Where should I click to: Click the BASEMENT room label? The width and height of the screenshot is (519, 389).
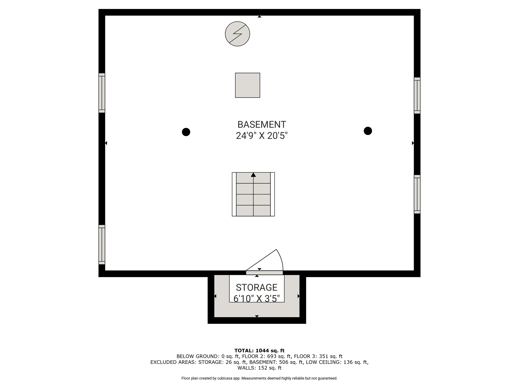262,125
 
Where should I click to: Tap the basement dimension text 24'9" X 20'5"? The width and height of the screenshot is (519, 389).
262,136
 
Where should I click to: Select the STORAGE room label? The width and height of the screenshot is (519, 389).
257,287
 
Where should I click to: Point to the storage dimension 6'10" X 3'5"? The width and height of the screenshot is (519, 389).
257,299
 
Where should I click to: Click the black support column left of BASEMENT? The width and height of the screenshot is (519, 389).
186,132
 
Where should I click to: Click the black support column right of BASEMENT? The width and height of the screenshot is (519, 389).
368,131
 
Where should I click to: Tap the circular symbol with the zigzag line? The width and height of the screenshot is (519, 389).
237,34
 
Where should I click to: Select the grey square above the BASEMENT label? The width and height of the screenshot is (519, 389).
248,85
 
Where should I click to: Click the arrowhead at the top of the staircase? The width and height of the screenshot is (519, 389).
253,175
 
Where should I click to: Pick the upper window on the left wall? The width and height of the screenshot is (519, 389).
102,93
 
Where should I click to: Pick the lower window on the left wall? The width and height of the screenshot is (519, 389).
102,245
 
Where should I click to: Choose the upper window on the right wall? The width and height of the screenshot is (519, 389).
417,95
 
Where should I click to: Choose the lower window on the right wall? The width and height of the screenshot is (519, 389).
417,194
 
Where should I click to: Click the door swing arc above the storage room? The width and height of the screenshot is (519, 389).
281,259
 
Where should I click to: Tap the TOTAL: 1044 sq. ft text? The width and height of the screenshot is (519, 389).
259,351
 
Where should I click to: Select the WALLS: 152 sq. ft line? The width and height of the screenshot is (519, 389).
259,368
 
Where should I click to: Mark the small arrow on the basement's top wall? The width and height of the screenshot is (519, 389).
259,16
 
